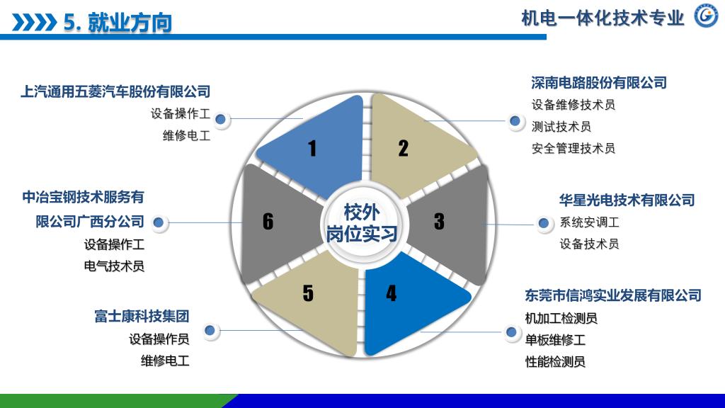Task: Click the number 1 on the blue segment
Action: [x=312, y=149]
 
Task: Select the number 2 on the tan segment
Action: [x=404, y=149]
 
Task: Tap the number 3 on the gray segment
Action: [x=439, y=222]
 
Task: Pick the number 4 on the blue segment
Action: [x=392, y=293]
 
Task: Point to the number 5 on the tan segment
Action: [x=308, y=293]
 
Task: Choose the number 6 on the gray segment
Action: [x=268, y=222]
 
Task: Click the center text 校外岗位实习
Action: [x=362, y=222]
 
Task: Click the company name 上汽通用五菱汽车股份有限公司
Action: [x=116, y=91]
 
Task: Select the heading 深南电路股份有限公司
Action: [x=599, y=83]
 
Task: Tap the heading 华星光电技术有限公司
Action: [x=627, y=200]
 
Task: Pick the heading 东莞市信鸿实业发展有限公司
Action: [x=613, y=295]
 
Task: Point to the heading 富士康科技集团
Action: [x=142, y=316]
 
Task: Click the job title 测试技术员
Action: [x=561, y=127]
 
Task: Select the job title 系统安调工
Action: [x=589, y=222]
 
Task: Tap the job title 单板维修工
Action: [x=555, y=340]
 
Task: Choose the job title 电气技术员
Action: [x=114, y=267]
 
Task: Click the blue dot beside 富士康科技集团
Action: [x=210, y=330]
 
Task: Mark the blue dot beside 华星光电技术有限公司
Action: [x=544, y=224]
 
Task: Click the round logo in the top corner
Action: [x=705, y=17]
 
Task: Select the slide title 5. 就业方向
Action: [x=118, y=23]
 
